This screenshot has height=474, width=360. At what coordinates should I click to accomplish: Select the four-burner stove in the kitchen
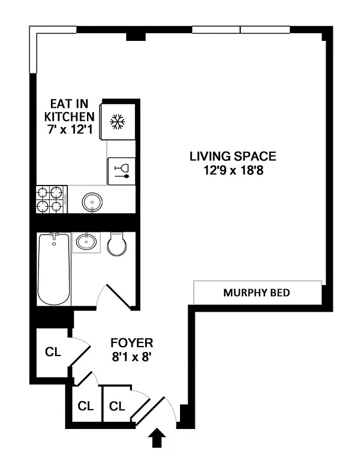49,199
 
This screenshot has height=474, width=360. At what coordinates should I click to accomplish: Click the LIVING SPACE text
233,156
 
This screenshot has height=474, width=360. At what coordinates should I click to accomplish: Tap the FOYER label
133,342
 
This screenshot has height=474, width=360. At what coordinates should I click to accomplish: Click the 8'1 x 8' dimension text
133,357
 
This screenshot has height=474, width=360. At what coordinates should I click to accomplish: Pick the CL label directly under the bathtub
53,351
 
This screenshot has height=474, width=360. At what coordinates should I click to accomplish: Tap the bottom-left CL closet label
86,406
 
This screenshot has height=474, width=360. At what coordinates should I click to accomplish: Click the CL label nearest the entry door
117,406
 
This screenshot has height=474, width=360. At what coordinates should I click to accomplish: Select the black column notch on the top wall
136,36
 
